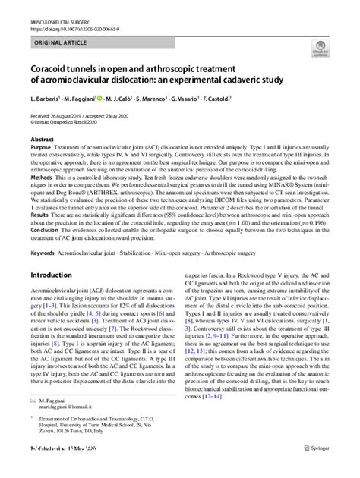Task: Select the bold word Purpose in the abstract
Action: pos(43,149)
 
